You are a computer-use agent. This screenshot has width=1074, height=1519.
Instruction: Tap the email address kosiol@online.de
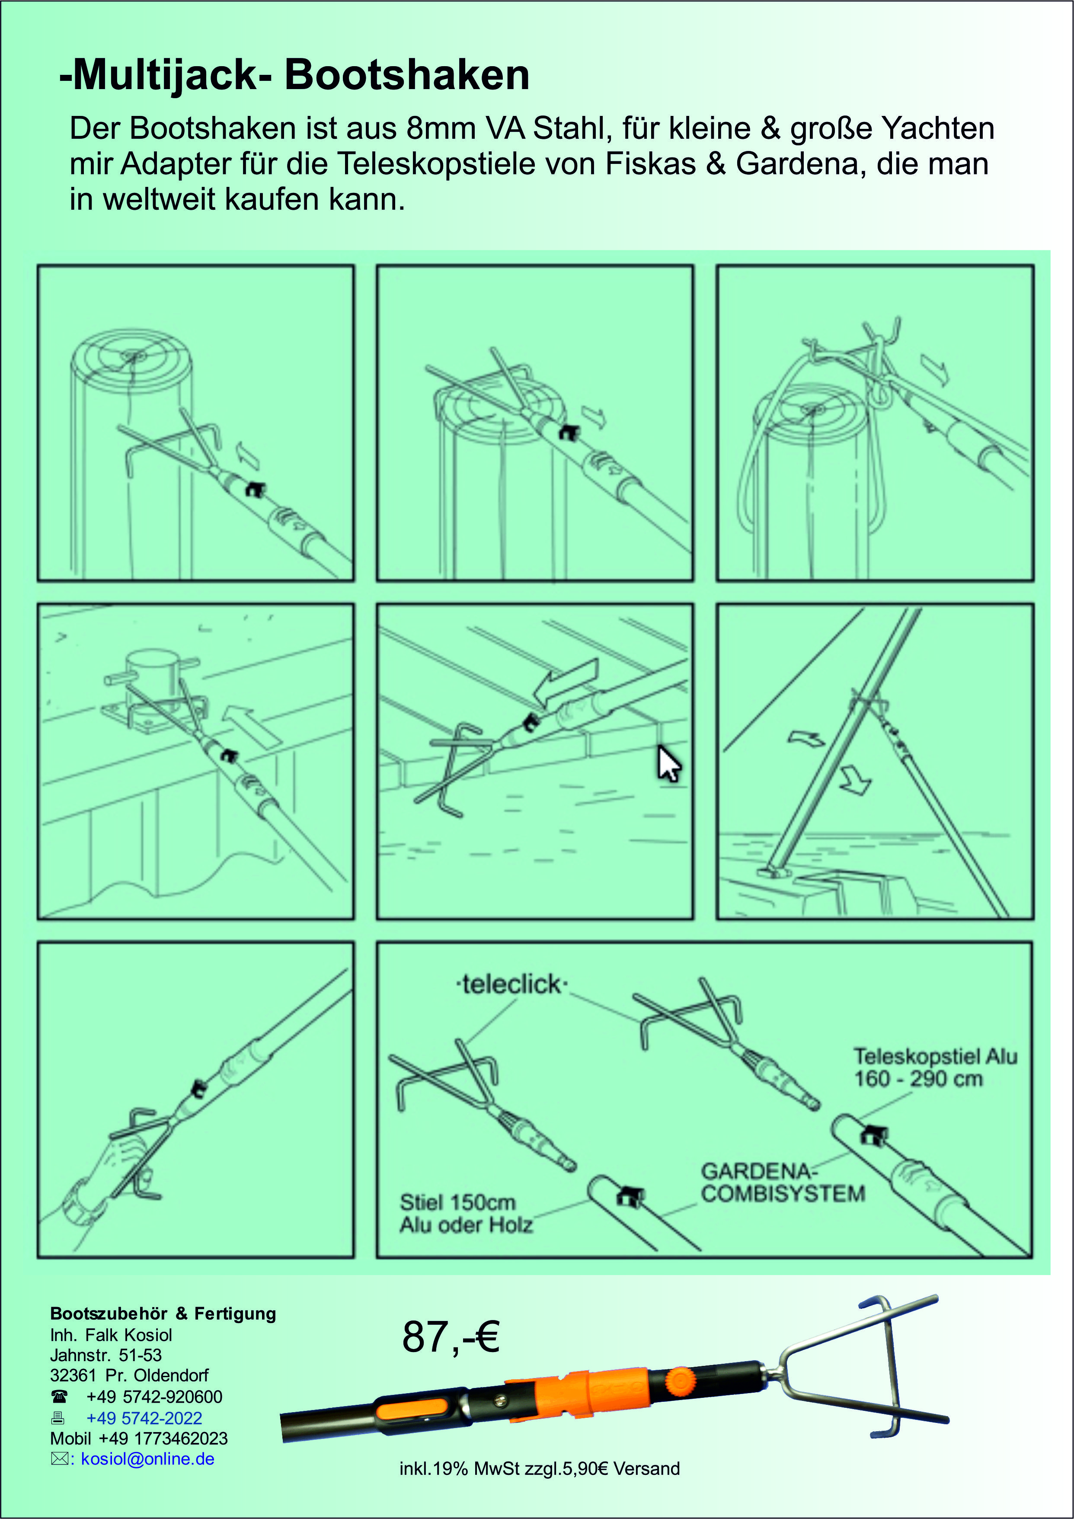pos(147,1459)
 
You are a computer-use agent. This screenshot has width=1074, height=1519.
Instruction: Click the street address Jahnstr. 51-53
pos(106,1355)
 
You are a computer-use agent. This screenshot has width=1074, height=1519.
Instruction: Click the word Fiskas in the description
pos(650,164)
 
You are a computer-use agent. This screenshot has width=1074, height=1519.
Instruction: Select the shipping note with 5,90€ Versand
pos(539,1469)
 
